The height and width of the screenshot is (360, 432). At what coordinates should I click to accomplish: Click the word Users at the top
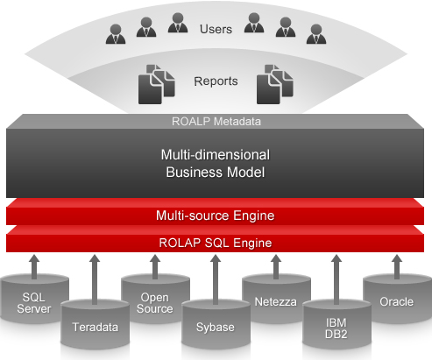tap(216, 29)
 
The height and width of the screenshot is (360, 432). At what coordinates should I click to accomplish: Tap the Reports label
tap(216, 81)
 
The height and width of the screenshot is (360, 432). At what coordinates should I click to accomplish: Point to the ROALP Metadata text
tap(216, 122)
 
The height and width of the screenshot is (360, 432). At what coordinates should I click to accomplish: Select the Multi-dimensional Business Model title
tap(216, 163)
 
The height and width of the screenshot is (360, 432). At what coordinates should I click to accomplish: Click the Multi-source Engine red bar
tap(216, 214)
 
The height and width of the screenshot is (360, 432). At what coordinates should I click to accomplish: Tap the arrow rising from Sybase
tap(215, 280)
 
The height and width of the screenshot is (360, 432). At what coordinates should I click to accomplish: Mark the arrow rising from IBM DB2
tap(335, 280)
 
